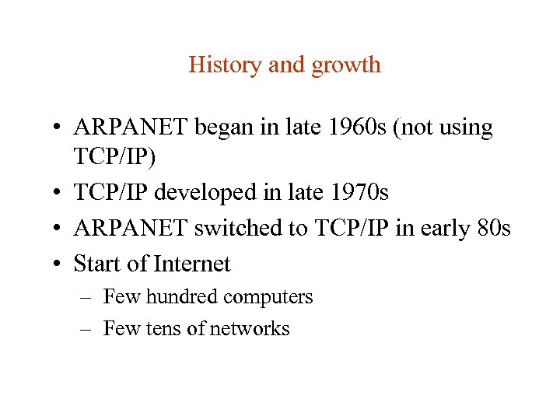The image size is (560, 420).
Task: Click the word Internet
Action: click(192, 264)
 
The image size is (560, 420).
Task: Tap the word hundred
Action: click(181, 297)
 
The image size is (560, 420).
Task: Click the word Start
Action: click(97, 264)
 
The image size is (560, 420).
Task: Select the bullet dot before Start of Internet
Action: click(58, 265)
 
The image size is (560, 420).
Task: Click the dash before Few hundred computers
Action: click(86, 298)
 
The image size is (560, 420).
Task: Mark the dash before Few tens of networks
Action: click(86, 330)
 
